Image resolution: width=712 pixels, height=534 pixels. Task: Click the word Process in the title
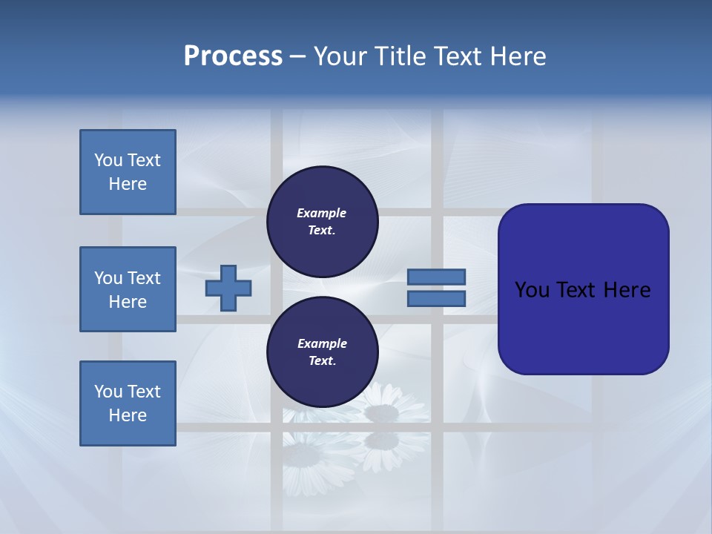click(233, 56)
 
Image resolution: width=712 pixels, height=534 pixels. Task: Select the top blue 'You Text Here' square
click(128, 172)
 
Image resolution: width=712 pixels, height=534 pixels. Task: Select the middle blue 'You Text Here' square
click(128, 289)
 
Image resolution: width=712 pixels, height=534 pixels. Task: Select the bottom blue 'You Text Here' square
click(128, 403)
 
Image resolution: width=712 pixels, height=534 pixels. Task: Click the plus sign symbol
click(228, 288)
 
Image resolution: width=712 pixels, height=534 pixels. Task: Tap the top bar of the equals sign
click(436, 277)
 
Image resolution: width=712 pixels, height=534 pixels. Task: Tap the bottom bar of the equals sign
click(436, 298)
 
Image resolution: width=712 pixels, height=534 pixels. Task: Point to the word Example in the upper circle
click(321, 213)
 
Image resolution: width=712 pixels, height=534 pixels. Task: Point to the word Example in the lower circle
click(322, 343)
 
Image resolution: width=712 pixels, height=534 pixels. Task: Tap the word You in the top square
click(108, 160)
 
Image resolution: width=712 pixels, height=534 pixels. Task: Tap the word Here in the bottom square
click(128, 415)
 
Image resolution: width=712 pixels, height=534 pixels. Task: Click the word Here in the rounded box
click(627, 289)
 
